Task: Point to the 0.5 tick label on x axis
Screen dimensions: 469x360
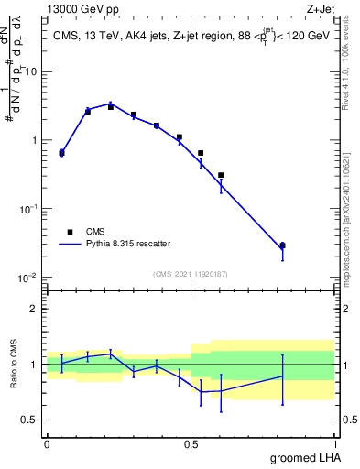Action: pyautogui.click(x=191, y=443)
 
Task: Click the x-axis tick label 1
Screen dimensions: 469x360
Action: pyautogui.click(x=334, y=443)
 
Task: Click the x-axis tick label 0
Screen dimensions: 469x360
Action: pyautogui.click(x=47, y=443)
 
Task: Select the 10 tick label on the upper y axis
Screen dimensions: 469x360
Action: pyautogui.click(x=30, y=71)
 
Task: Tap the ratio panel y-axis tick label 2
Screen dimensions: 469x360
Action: pyautogui.click(x=34, y=309)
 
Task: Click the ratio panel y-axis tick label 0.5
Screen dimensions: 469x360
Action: pyautogui.click(x=29, y=420)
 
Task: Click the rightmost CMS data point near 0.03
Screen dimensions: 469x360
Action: pyautogui.click(x=282, y=245)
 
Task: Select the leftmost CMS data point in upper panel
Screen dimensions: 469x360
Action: pyautogui.click(x=61, y=153)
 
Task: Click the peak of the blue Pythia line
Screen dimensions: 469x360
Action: pyautogui.click(x=111, y=104)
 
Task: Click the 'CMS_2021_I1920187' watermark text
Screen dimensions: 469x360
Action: pyautogui.click(x=191, y=274)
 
